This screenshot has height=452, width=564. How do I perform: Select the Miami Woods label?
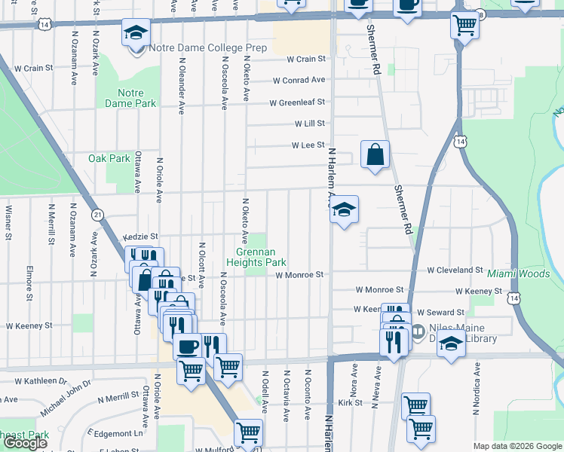tap(518, 273)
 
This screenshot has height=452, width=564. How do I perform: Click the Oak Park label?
tap(109, 158)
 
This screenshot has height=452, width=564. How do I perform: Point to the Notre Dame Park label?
tap(136, 98)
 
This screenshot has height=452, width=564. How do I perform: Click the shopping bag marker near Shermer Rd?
tap(375, 155)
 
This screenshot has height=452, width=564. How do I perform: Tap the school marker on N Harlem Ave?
tap(344, 210)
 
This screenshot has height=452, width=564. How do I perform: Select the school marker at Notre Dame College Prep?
tap(136, 33)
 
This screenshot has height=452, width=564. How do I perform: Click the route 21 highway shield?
tap(97, 215)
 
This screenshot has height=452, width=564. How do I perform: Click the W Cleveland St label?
tap(454, 270)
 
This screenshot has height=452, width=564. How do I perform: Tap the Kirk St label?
tap(351, 403)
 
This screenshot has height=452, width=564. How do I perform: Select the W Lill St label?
tap(309, 123)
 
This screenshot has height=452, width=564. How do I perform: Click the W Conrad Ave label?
tap(299, 80)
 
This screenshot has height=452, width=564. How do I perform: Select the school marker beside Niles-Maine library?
tap(452, 346)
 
